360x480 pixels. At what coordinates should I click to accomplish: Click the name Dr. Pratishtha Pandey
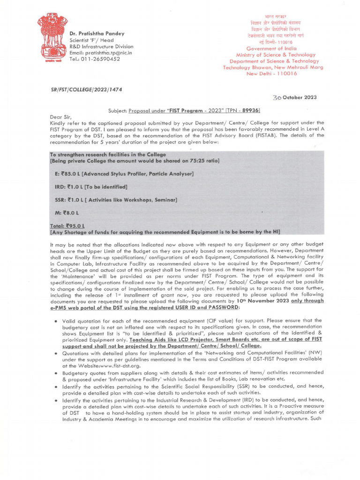(x=97, y=34)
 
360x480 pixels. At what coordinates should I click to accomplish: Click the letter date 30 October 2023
(x=294, y=97)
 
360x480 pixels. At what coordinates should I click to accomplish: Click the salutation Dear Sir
(x=61, y=116)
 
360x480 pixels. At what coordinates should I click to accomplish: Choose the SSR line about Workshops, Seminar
(x=116, y=200)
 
